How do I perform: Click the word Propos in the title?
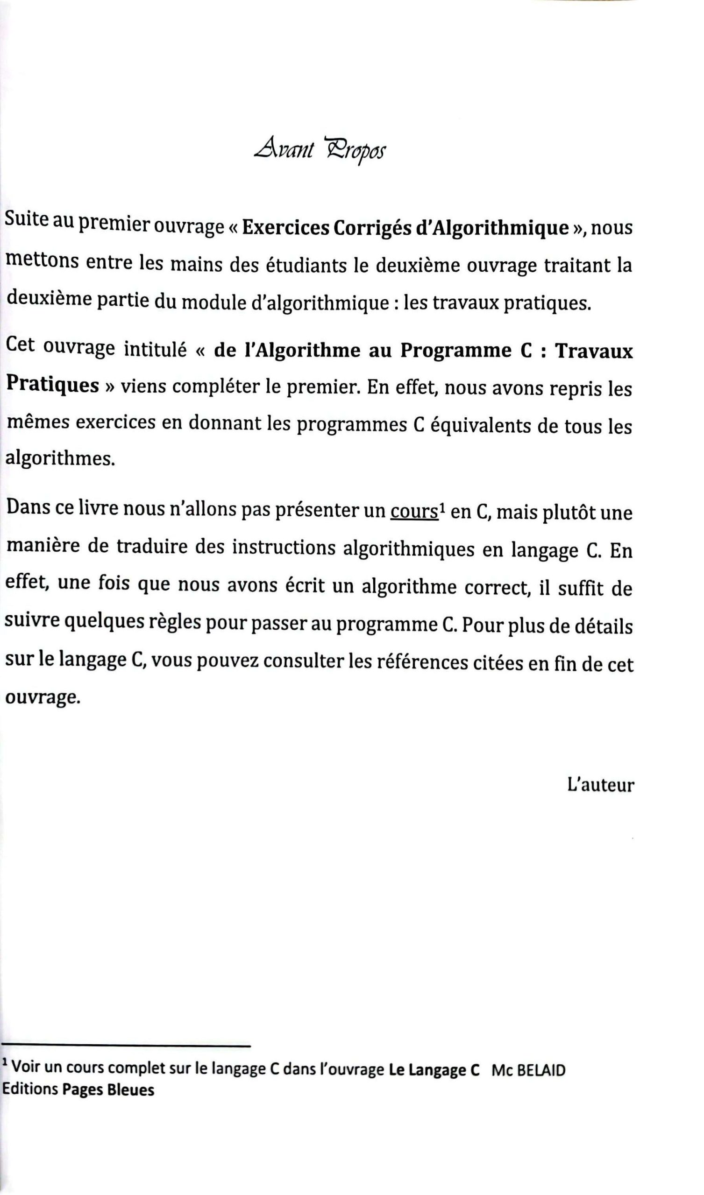click(356, 151)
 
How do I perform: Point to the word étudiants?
click(306, 265)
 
